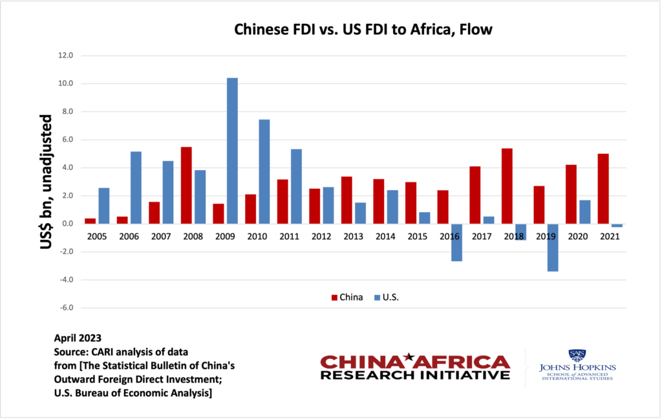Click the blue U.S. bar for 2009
(x=232, y=151)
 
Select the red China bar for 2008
(x=186, y=186)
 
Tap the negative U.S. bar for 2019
(x=552, y=248)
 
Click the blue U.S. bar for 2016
(x=456, y=242)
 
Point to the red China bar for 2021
(x=603, y=189)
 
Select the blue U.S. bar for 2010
(x=264, y=171)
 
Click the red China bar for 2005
(x=90, y=221)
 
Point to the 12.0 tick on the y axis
(x=65, y=56)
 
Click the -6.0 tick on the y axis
(x=65, y=308)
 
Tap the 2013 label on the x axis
(x=353, y=236)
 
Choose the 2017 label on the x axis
(x=481, y=236)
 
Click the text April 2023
(x=78, y=338)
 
